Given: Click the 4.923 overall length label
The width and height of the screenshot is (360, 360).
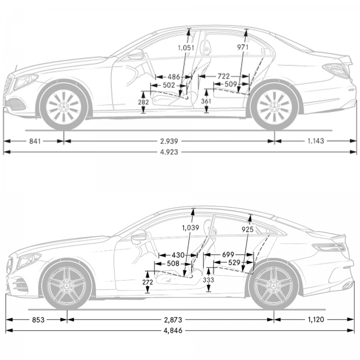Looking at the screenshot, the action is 169,152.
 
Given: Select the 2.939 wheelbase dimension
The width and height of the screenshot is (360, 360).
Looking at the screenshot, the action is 169,141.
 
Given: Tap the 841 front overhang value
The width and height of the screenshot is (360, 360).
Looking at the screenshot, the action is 35,141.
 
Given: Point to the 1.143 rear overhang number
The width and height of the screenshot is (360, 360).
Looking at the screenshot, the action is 315,141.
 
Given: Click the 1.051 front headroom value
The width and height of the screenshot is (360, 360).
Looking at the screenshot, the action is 186,48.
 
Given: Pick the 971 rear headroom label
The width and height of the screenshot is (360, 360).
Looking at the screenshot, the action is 242,47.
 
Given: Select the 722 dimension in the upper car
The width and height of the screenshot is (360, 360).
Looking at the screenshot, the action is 223,76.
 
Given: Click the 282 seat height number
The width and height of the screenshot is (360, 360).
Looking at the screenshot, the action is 143,102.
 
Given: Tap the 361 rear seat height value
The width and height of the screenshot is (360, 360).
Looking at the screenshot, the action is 206,101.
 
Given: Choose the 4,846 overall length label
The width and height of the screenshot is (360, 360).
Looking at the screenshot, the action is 173,330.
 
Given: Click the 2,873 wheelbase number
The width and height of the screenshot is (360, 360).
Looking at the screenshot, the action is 173,319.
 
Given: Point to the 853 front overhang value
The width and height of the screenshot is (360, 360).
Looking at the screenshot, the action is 38,319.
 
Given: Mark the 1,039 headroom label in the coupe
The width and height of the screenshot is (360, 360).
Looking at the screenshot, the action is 190,228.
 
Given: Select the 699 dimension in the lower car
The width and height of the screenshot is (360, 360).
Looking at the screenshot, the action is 228,254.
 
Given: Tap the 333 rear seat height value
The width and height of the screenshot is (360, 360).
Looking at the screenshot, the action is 208,280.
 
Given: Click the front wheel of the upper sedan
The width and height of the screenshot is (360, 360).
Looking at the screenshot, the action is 64,106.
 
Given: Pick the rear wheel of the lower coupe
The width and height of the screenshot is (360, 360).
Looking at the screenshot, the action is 273,286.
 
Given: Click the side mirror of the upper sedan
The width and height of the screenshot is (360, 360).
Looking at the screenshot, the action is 135,54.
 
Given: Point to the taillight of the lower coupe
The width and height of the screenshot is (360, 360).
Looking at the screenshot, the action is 329,247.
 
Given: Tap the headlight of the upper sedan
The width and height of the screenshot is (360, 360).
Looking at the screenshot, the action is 25,81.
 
